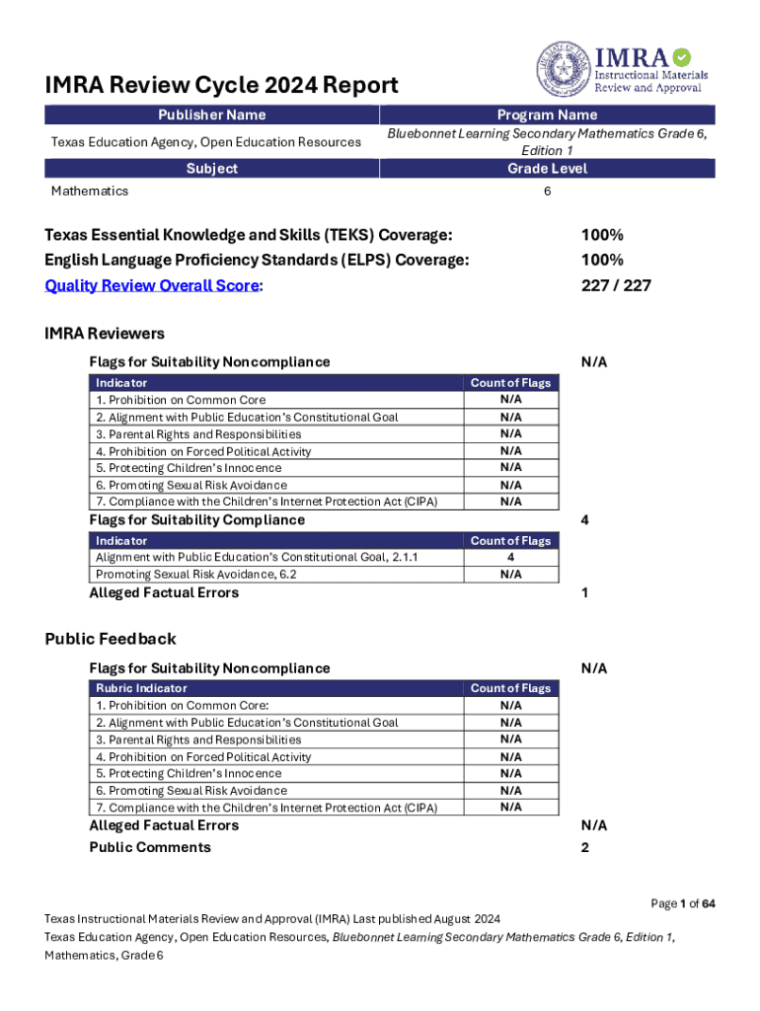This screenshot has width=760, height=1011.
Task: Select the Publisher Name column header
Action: click(x=212, y=116)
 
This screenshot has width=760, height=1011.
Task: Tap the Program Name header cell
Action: click(x=547, y=116)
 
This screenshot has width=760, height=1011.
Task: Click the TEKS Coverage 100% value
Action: click(x=602, y=235)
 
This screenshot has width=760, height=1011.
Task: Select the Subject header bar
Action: click(x=212, y=169)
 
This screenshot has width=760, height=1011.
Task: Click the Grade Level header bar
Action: click(x=547, y=169)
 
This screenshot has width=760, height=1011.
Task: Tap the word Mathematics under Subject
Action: click(x=90, y=191)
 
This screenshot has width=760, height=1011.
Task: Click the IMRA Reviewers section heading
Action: click(x=105, y=334)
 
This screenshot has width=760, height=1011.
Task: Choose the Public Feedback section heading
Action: click(x=111, y=639)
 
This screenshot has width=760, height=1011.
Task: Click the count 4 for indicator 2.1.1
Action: click(x=510, y=558)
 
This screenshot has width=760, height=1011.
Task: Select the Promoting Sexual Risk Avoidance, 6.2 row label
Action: click(x=196, y=575)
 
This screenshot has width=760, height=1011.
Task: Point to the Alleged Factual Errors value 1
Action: click(x=586, y=593)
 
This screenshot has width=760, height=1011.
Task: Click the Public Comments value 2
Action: click(x=586, y=847)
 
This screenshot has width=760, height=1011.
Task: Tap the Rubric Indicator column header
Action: click(x=141, y=688)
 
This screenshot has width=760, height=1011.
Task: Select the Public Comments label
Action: click(x=150, y=847)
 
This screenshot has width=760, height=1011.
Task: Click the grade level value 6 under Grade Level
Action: click(x=547, y=191)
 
